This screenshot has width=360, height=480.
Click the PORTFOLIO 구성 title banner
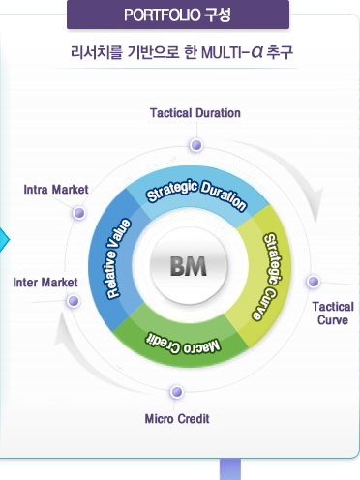tap(177, 15)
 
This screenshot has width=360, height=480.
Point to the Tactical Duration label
tap(195, 113)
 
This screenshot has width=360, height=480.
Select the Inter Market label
tap(45, 282)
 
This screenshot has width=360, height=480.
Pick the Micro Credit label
tap(177, 419)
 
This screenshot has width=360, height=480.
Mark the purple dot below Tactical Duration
tap(196, 145)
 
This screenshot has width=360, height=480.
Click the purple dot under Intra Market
tap(79, 213)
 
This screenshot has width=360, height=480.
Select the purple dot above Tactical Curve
tap(313, 282)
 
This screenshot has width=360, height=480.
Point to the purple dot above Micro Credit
tap(175, 392)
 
